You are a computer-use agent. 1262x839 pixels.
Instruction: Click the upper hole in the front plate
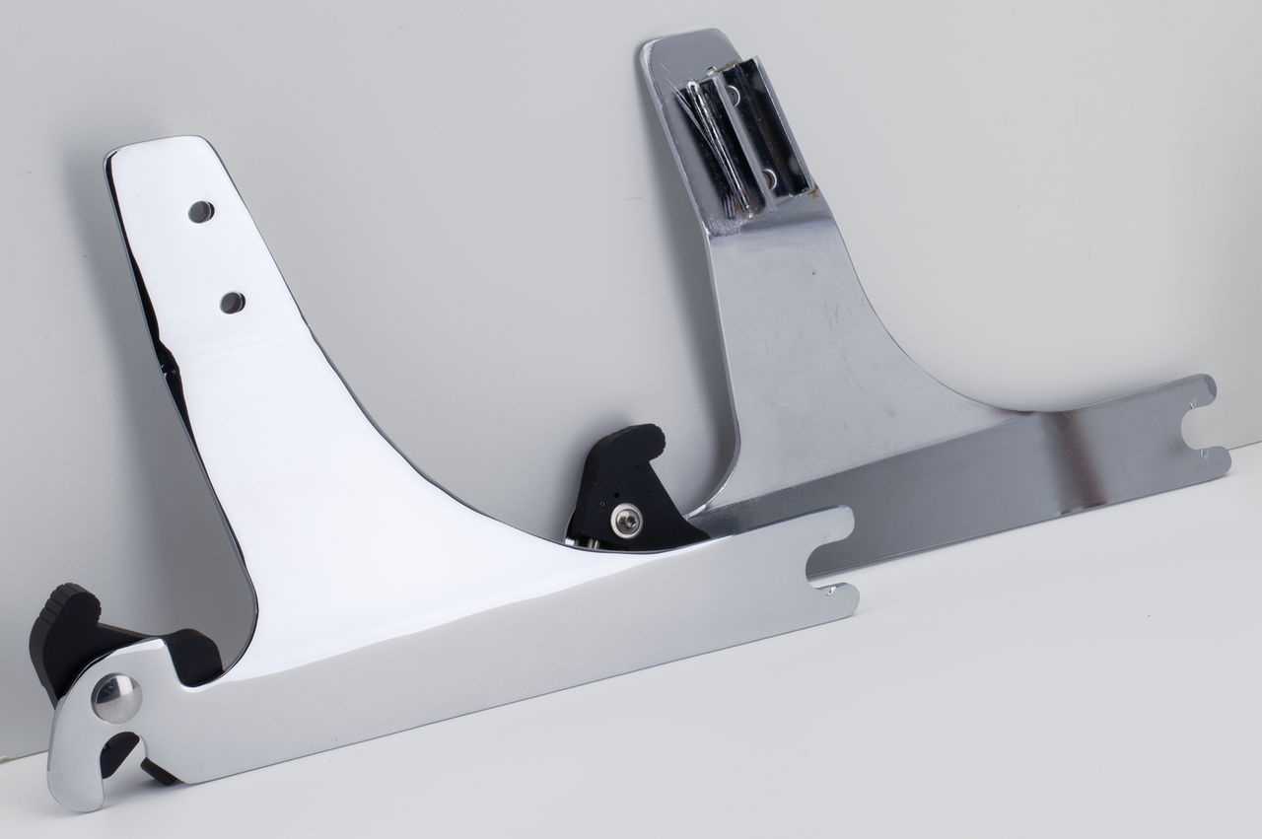tap(201, 211)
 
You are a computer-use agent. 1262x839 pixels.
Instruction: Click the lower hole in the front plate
tap(233, 303)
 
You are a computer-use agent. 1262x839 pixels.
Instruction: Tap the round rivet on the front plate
tap(115, 698)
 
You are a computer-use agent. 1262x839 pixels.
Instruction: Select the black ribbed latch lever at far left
tap(61, 631)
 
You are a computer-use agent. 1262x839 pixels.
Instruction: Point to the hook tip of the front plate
tap(69, 789)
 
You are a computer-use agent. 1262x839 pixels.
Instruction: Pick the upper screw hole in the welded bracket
tap(733, 95)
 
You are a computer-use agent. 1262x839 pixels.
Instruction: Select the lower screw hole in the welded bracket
tap(769, 178)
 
